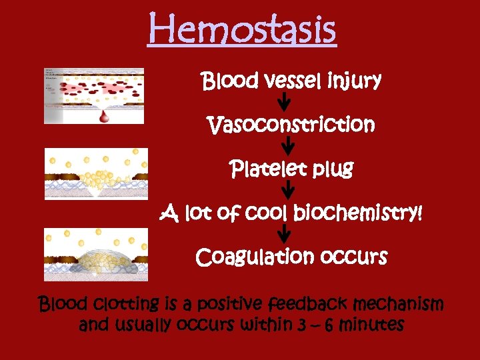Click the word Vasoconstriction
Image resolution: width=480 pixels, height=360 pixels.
291,125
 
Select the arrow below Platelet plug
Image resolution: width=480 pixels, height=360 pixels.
289,191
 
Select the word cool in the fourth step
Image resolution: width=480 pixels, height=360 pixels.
270,214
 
